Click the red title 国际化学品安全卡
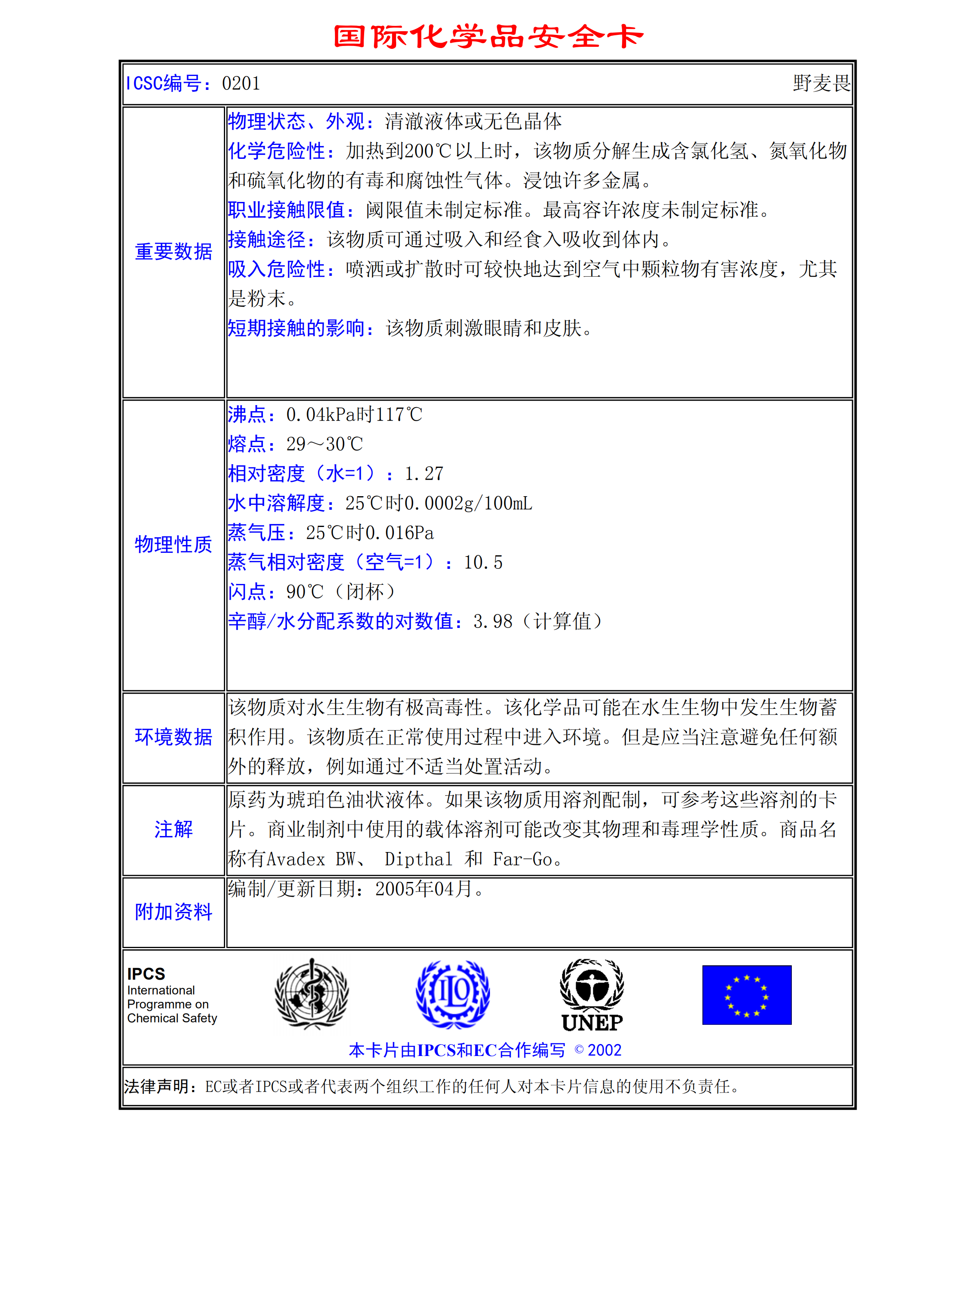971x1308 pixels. (488, 37)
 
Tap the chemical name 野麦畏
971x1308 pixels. (821, 83)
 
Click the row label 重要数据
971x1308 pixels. (173, 252)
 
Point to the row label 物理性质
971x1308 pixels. (173, 545)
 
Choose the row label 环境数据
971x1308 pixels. (173, 737)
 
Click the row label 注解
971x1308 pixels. (173, 829)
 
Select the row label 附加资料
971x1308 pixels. (173, 912)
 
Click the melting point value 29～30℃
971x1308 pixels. (324, 444)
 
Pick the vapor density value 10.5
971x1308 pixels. (483, 563)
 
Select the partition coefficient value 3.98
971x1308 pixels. (492, 622)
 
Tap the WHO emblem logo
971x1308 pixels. (312, 994)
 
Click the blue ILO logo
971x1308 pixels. (453, 994)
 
